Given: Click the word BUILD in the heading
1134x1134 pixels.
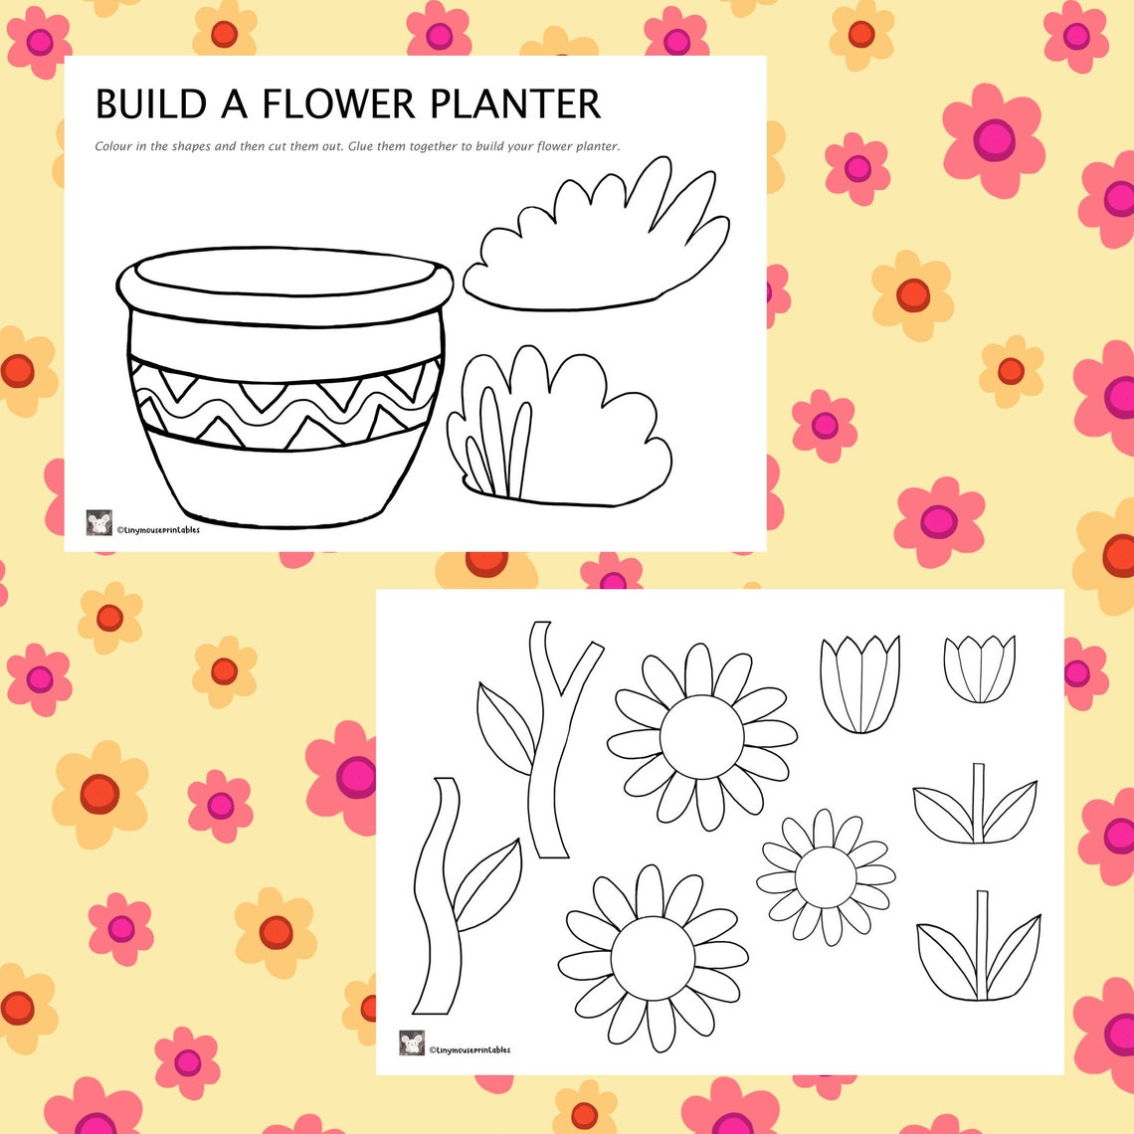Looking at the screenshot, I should [x=150, y=104].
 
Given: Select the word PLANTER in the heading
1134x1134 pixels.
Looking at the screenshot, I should [x=516, y=104].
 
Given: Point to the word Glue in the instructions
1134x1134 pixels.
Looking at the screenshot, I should [x=363, y=146].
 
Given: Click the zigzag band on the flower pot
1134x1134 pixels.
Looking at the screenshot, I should [x=286, y=403].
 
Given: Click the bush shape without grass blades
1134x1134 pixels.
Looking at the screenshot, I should [x=597, y=244].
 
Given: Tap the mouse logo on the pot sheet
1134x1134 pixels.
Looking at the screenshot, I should [x=99, y=523].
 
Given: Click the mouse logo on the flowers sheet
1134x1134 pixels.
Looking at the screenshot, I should [x=412, y=1043].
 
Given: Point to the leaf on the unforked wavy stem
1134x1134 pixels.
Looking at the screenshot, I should [x=487, y=880].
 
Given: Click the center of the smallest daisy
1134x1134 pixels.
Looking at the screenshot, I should [x=826, y=876].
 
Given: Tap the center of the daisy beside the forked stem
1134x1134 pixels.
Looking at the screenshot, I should [x=701, y=737].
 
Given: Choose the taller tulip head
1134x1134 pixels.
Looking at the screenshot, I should [x=859, y=683].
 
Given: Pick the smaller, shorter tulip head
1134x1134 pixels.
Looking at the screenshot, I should [x=979, y=668].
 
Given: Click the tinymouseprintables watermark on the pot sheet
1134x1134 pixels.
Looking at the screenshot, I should [x=159, y=530].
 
